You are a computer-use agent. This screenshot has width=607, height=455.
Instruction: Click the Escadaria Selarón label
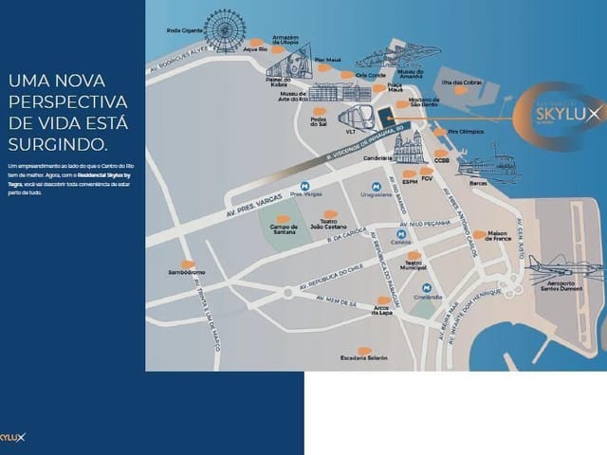pos(364,358)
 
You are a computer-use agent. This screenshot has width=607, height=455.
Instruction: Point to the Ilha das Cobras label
pos(464,82)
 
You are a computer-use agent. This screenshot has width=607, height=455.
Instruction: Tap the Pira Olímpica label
pos(466,132)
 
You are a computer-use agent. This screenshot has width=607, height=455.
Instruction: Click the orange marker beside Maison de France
pos(480,233)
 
